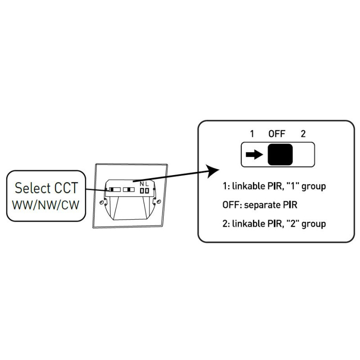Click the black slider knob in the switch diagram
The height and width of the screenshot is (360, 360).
click(280, 155)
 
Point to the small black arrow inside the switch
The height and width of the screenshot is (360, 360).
click(254, 155)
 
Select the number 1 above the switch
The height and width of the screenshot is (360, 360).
click(252, 134)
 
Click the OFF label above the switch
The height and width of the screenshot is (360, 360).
click(277, 134)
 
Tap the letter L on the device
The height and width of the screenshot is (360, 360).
click(147, 184)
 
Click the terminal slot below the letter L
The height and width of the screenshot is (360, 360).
click(147, 191)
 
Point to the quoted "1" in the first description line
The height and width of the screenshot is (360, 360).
click(295, 185)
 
